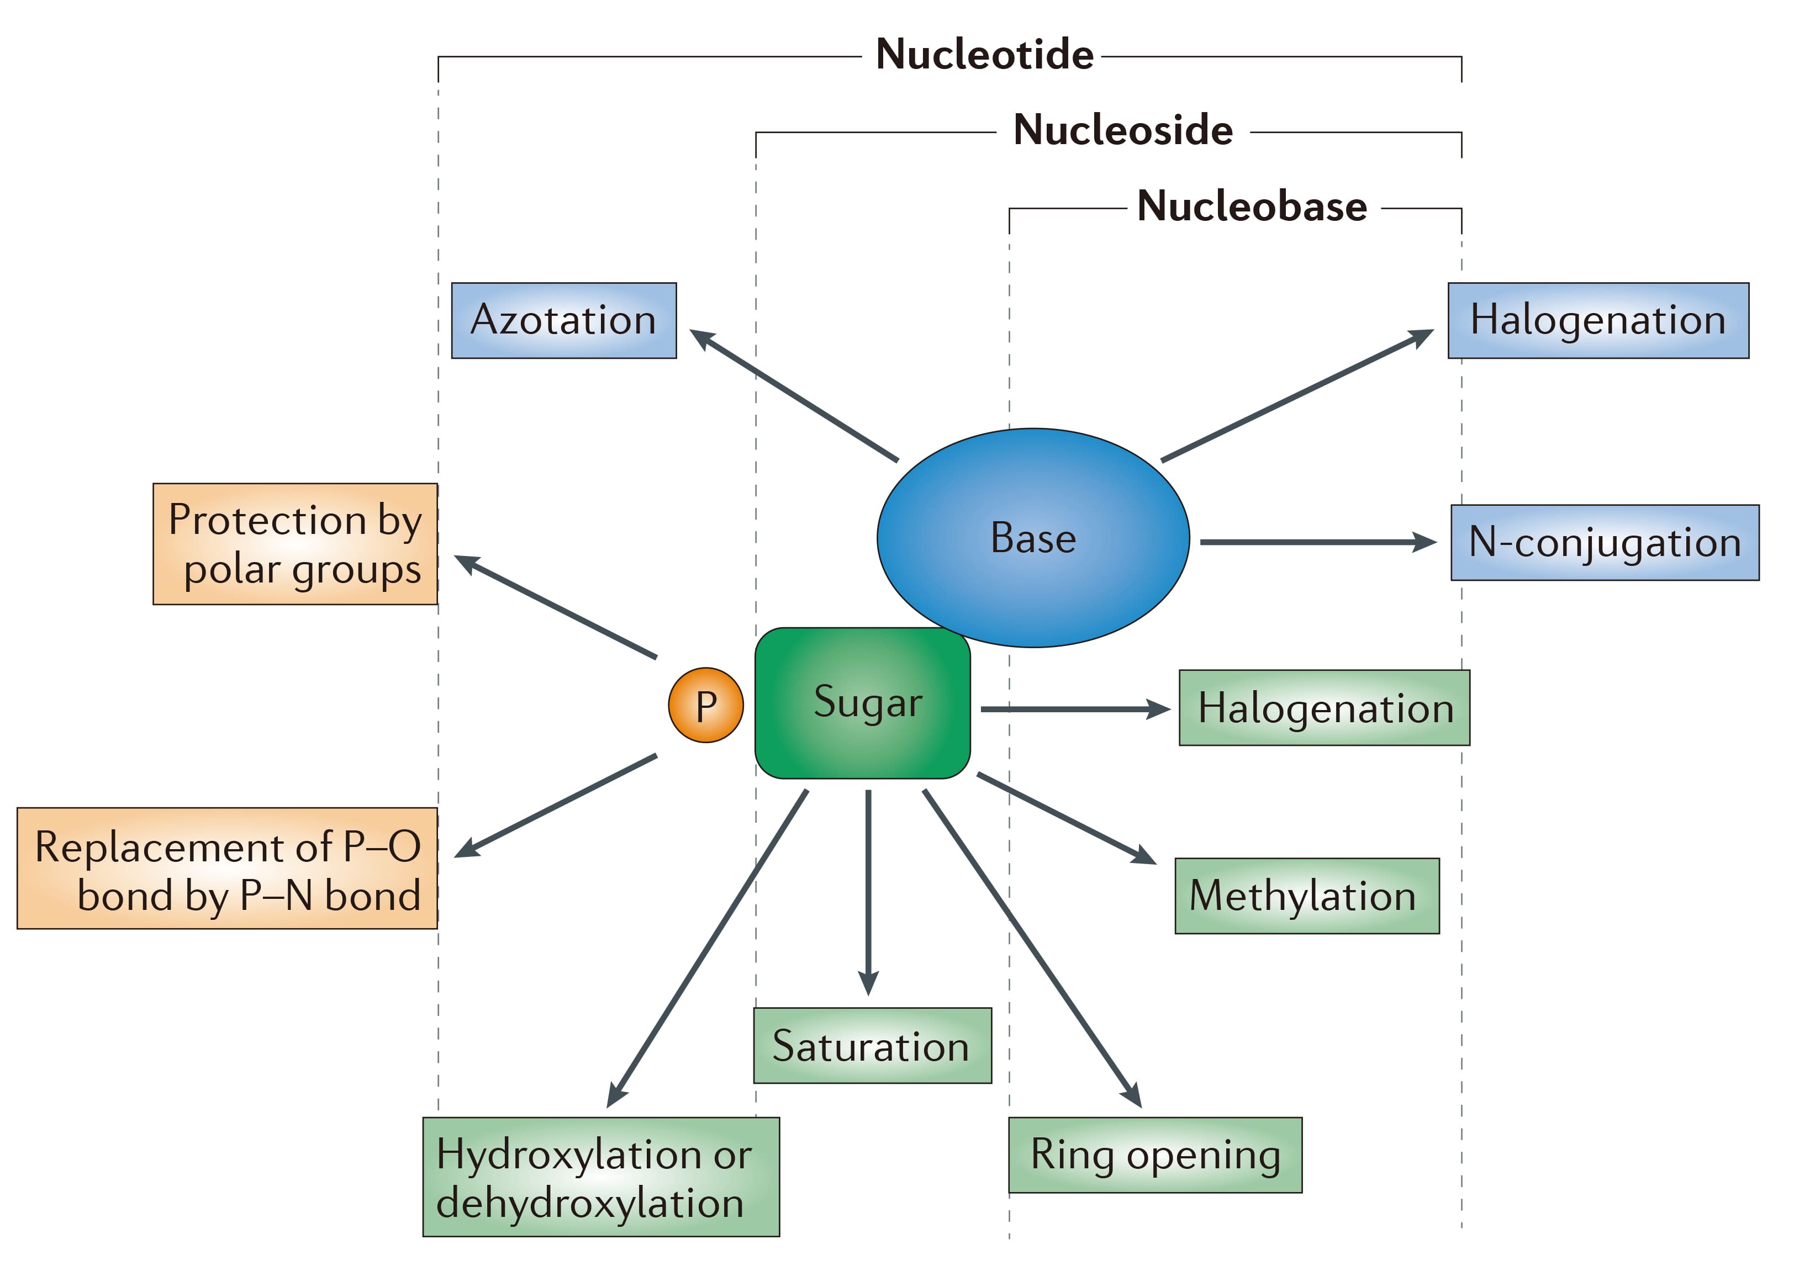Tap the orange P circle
[705, 705]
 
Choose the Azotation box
[563, 320]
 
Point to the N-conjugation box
[1605, 542]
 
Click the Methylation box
[1306, 896]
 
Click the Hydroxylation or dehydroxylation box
[600, 1176]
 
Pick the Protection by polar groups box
[295, 544]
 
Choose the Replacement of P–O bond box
[227, 868]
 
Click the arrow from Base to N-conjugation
[1315, 542]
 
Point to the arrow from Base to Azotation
[794, 395]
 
